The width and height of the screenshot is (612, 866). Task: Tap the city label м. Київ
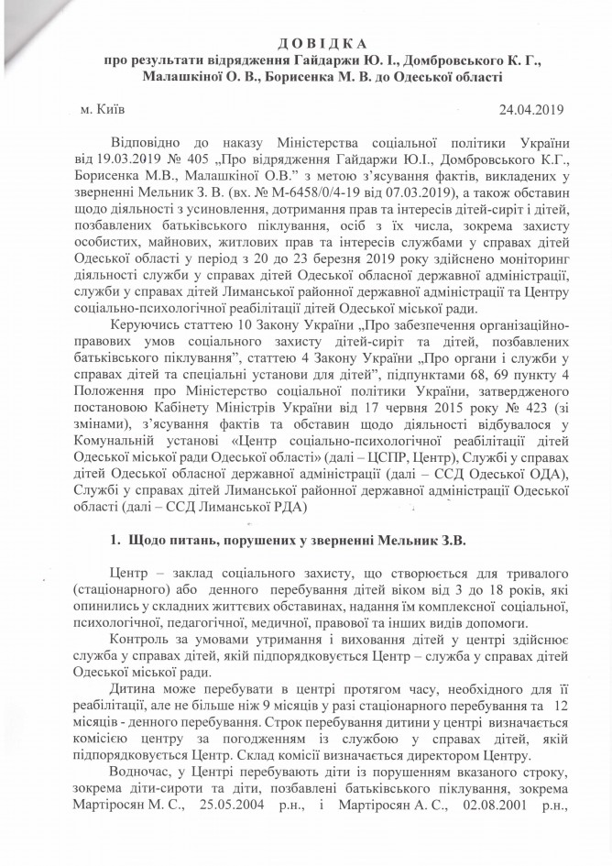click(x=104, y=110)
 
